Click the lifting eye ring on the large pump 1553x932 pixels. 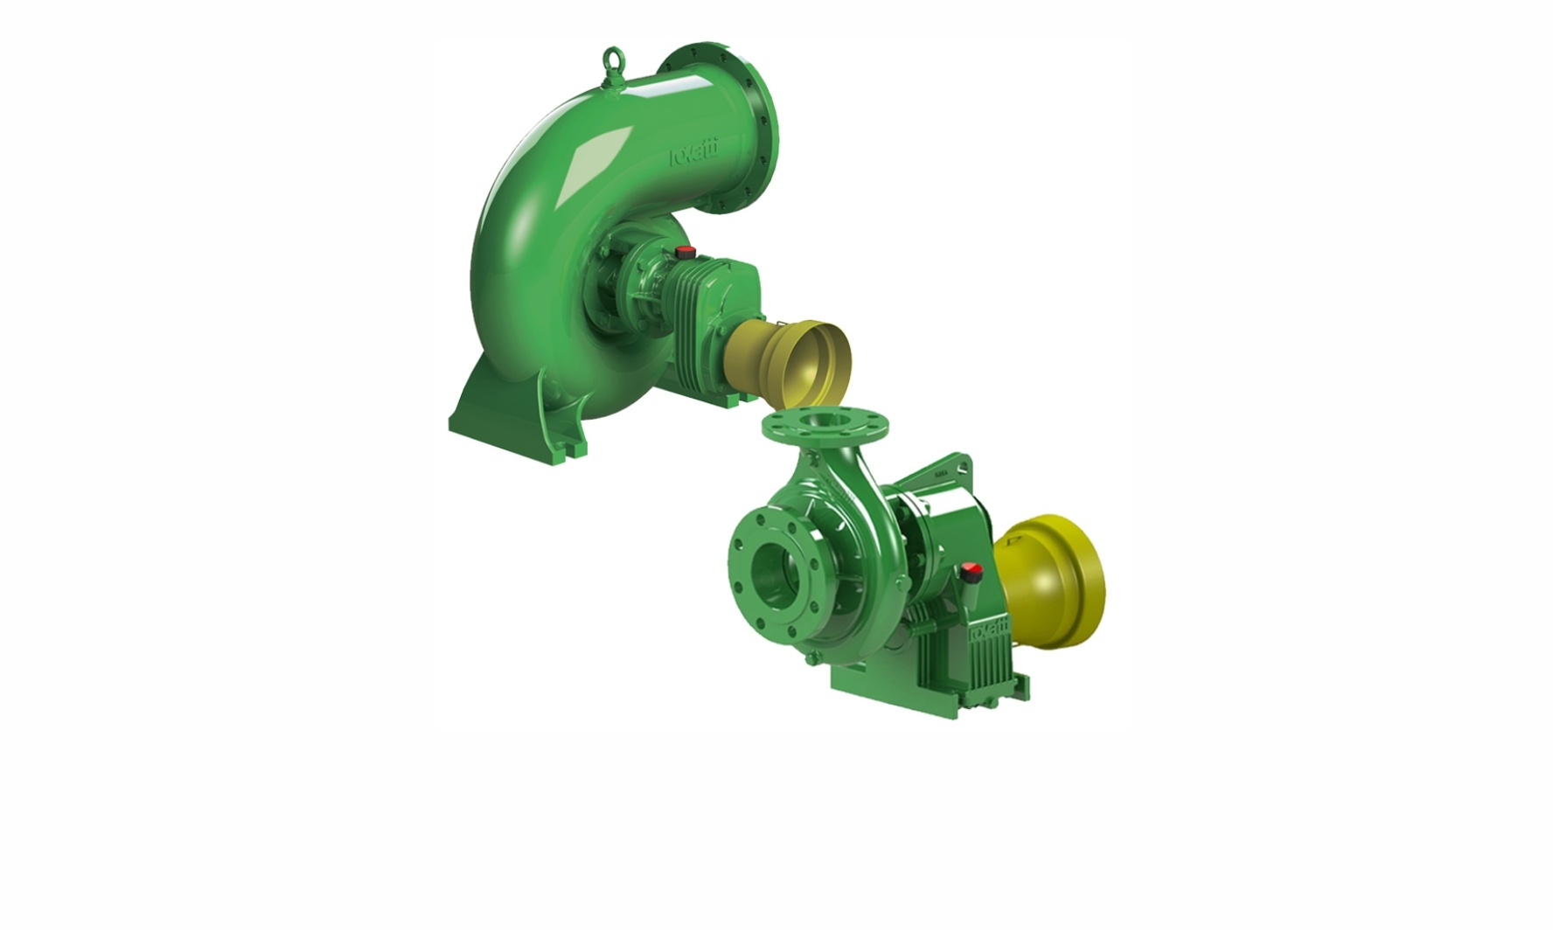(615, 59)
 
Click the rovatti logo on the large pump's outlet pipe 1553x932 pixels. (693, 155)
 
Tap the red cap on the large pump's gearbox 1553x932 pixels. (685, 253)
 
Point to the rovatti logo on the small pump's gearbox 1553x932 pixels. (989, 629)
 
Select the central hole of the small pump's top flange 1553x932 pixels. (825, 421)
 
